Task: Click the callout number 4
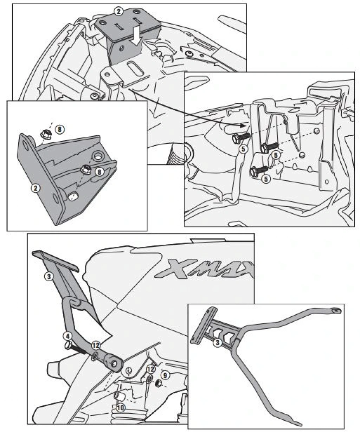tap(67, 335)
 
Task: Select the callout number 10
tap(120, 408)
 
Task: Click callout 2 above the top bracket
tap(118, 12)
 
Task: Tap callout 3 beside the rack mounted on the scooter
tap(49, 277)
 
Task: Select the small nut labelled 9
tap(158, 382)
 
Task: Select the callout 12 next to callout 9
tap(150, 369)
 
